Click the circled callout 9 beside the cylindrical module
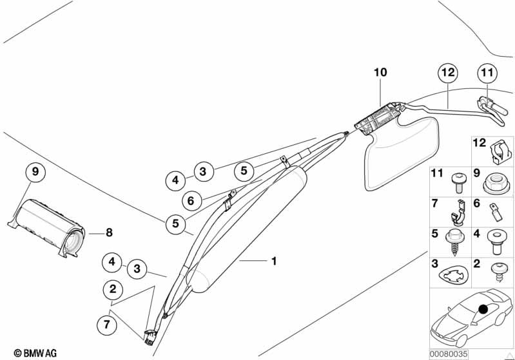pyautogui.click(x=35, y=172)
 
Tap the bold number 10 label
pyautogui.click(x=380, y=73)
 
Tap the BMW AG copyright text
pyautogui.click(x=30, y=353)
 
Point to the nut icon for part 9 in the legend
pyautogui.click(x=495, y=184)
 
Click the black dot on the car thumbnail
pyautogui.click(x=482, y=310)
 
